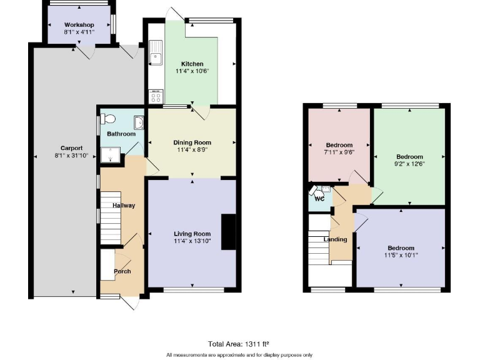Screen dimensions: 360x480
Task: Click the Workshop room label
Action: (x=78, y=24)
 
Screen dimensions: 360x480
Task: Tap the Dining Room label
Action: (x=192, y=142)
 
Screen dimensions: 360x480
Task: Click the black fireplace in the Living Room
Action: (x=229, y=232)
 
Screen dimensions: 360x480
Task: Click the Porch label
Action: (x=122, y=271)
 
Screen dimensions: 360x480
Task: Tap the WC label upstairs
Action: (x=319, y=199)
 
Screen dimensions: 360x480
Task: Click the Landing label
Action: (x=335, y=239)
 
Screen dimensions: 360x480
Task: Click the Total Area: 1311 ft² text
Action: (x=239, y=343)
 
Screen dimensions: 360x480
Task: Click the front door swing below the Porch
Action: (x=129, y=302)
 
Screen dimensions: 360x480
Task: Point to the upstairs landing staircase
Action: (x=319, y=244)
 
